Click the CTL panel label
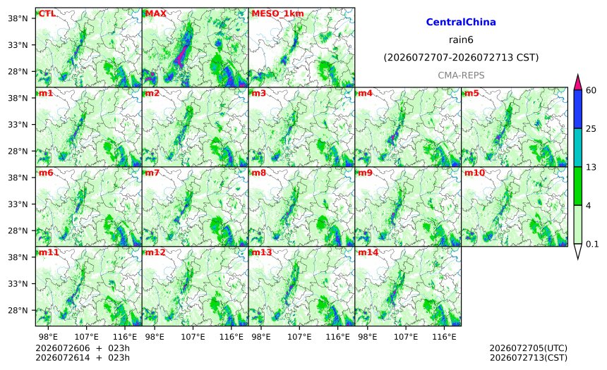(47, 13)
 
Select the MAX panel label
(155, 13)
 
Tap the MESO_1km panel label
(277, 14)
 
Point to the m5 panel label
(471, 93)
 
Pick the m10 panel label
(474, 173)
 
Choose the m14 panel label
(368, 252)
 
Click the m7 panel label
(152, 173)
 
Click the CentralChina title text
(461, 22)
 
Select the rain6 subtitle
(461, 40)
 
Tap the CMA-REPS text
(461, 75)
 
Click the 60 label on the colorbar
(591, 90)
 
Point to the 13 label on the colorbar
(591, 167)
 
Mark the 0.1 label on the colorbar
(592, 244)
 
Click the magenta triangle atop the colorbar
(578, 82)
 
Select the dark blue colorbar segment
(578, 109)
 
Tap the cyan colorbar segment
(578, 147)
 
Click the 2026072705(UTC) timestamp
(529, 349)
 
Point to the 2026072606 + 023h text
(83, 348)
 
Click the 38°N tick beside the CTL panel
(18, 18)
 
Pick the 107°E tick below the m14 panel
(406, 337)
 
